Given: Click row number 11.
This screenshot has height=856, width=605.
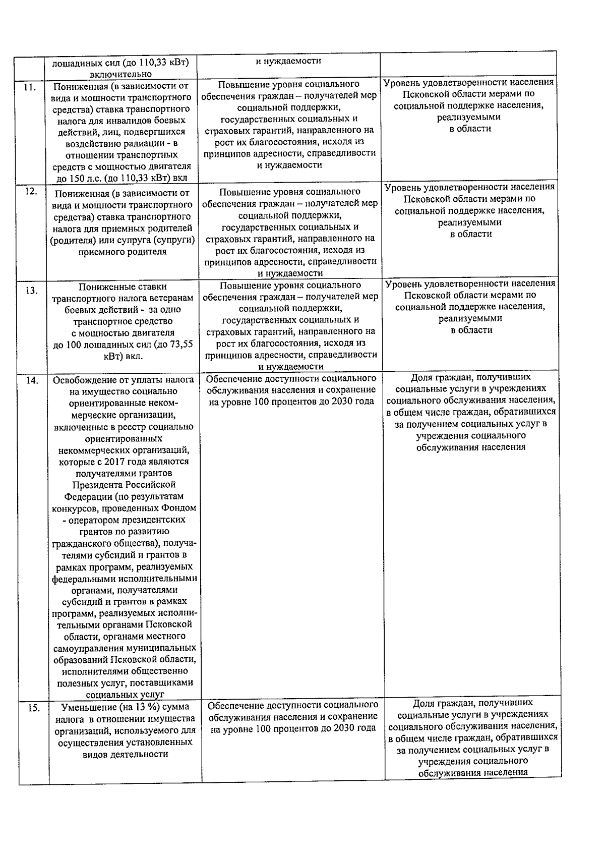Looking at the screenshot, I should tap(29, 87).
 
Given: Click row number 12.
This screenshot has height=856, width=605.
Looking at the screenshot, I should tap(31, 191).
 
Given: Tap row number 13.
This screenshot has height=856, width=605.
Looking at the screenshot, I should tap(31, 291).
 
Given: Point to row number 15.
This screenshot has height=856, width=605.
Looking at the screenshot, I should tap(34, 708).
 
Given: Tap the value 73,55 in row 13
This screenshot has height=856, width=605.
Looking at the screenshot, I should tap(180, 345).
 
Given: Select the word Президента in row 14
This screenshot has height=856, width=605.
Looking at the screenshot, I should tap(96, 485).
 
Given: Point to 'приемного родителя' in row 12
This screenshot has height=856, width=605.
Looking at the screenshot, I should tap(123, 251).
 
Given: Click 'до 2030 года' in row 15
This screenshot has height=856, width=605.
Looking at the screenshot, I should tap(350, 728).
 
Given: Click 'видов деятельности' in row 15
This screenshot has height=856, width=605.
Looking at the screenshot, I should tap(125, 754).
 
